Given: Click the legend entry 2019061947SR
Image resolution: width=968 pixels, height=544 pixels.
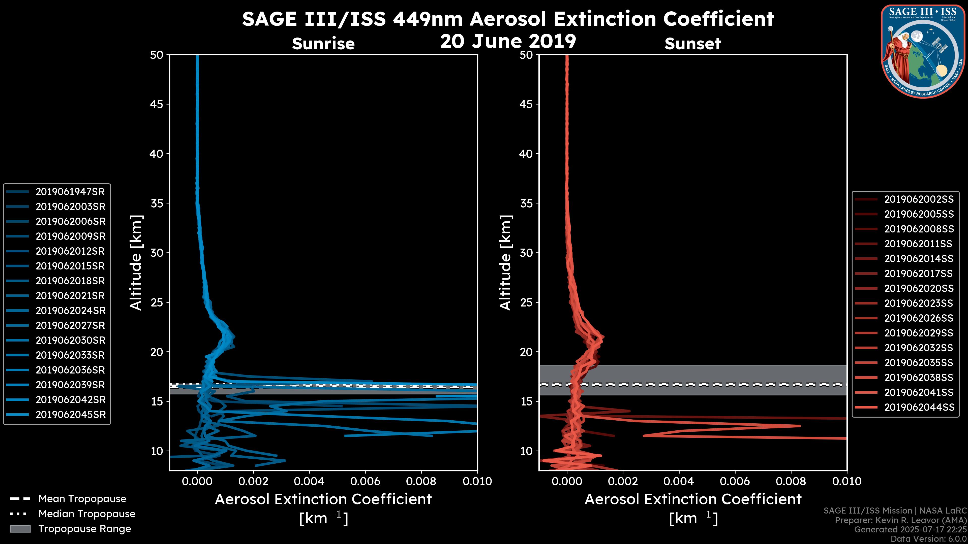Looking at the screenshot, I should (x=70, y=192).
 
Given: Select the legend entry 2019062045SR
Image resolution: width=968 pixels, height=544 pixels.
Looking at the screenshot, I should (x=71, y=415).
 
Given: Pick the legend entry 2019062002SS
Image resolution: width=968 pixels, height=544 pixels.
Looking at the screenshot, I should (x=919, y=199).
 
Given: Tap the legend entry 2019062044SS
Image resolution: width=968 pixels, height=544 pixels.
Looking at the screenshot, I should (x=919, y=407).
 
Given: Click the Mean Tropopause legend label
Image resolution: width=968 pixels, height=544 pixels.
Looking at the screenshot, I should (x=82, y=499).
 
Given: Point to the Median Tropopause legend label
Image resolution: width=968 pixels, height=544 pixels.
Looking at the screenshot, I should (x=87, y=514).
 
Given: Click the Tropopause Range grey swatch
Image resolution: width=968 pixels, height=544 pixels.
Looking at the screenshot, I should (x=20, y=529).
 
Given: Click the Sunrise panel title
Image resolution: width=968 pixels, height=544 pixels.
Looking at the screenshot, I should (x=323, y=44).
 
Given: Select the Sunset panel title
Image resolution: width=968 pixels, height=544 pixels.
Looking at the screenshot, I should (x=692, y=44).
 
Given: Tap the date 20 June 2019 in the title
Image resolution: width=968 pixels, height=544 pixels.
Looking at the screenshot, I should (x=508, y=41).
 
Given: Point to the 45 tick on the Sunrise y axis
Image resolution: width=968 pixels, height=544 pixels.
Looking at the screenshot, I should (x=157, y=104).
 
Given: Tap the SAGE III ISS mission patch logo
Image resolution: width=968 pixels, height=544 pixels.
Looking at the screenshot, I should (x=923, y=51).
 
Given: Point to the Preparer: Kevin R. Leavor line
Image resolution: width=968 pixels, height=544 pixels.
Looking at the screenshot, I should (x=901, y=520).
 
